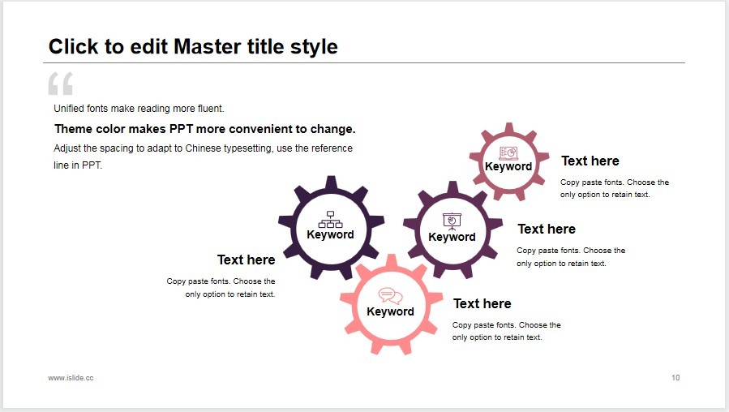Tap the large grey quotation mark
tap(61, 84)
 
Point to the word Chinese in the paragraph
tap(204, 148)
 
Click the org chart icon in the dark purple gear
tap(331, 220)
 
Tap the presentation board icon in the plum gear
tap(452, 221)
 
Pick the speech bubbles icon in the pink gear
tap(390, 296)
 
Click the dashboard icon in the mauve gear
tap(508, 152)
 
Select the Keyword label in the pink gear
tap(390, 311)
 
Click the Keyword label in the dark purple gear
tap(331, 234)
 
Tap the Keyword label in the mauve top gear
tap(508, 166)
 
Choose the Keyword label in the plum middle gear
tap(452, 237)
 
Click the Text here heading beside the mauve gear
tap(590, 161)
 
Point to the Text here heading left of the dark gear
tap(246, 260)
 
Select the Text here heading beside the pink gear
tap(482, 303)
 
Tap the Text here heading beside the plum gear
tap(547, 229)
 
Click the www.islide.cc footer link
tap(71, 378)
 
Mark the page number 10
tap(675, 378)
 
